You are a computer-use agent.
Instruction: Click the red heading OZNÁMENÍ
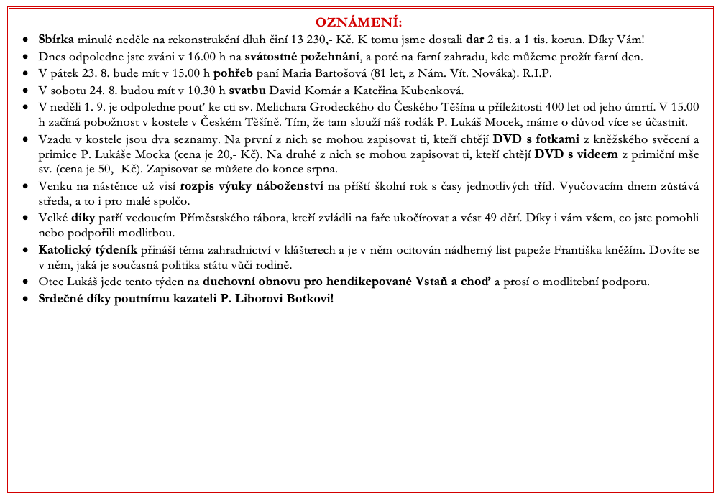coord(359,22)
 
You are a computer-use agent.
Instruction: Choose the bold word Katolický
coord(65,251)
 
